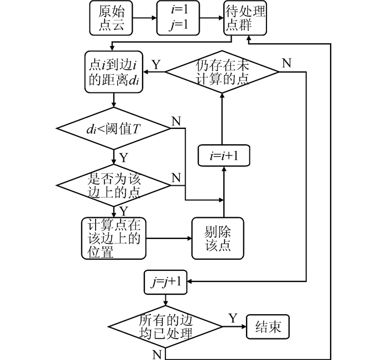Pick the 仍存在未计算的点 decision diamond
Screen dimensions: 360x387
[222, 71]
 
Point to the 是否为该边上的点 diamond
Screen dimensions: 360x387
[114, 185]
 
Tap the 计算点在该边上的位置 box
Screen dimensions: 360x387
[114, 238]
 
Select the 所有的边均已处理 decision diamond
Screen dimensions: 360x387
[165, 327]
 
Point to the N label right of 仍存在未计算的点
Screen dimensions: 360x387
[286, 62]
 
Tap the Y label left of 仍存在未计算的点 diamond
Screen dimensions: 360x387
[156, 64]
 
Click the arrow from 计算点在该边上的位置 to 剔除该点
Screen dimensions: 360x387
[169, 239]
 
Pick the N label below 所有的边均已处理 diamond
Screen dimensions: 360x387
[156, 352]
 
